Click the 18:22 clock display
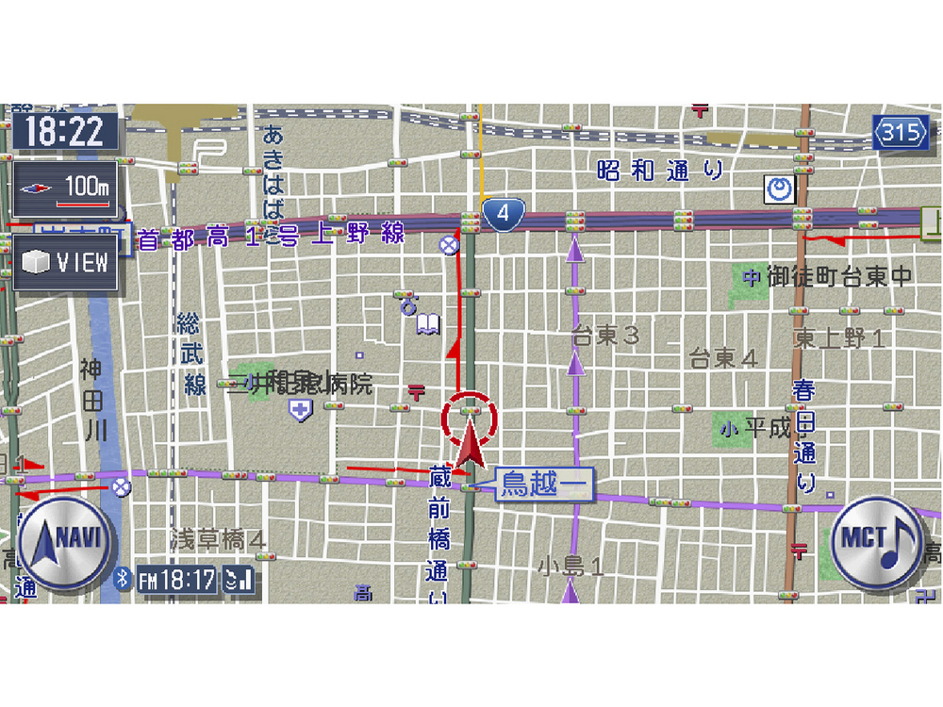64,131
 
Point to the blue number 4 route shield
504,214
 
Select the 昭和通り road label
660,171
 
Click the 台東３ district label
605,336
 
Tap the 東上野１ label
838,337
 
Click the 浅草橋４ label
218,539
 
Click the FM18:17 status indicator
177,580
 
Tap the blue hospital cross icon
301,410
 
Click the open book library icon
428,325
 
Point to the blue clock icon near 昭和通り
779,190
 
